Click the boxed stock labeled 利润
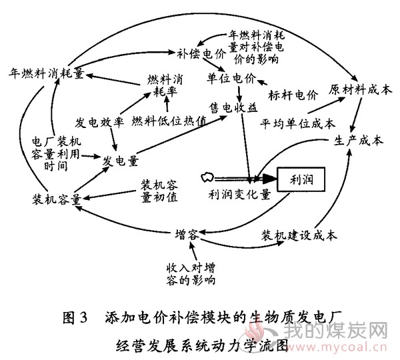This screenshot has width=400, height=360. (x=301, y=179)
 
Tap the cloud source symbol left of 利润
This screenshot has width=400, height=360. (x=207, y=177)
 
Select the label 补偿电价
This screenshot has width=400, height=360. (x=201, y=54)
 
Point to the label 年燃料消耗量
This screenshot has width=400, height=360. (x=46, y=73)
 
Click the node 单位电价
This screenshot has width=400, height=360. (x=231, y=78)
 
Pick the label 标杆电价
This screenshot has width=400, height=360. (x=293, y=95)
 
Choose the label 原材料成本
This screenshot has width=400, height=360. (x=360, y=90)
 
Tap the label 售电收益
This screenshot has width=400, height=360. (x=233, y=107)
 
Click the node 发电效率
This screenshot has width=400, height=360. (x=99, y=123)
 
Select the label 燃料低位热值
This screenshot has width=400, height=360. (x=169, y=121)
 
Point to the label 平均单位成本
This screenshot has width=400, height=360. (x=298, y=124)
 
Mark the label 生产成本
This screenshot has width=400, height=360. (x=359, y=140)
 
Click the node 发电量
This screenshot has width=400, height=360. (x=121, y=161)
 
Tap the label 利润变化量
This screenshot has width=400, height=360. (x=239, y=195)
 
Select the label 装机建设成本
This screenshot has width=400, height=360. (x=299, y=235)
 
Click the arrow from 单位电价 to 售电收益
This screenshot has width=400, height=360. (x=239, y=93)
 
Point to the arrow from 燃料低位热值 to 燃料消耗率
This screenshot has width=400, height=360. (x=167, y=105)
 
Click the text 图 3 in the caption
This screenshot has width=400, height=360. (x=75, y=317)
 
